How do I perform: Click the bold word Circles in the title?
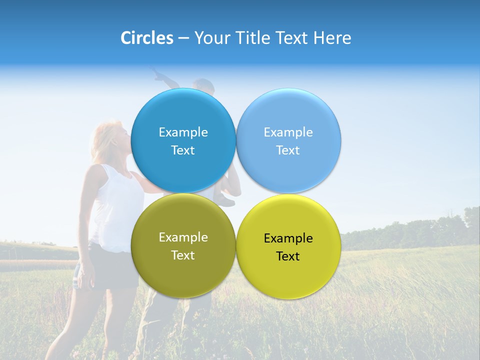click(x=147, y=38)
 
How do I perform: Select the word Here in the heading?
click(x=332, y=38)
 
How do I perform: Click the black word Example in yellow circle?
click(x=288, y=238)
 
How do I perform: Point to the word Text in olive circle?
click(x=183, y=255)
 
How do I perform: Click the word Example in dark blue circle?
click(x=183, y=132)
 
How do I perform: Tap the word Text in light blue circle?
click(x=288, y=150)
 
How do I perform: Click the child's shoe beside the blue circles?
click(x=226, y=201)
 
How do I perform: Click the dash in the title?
click(x=183, y=38)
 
